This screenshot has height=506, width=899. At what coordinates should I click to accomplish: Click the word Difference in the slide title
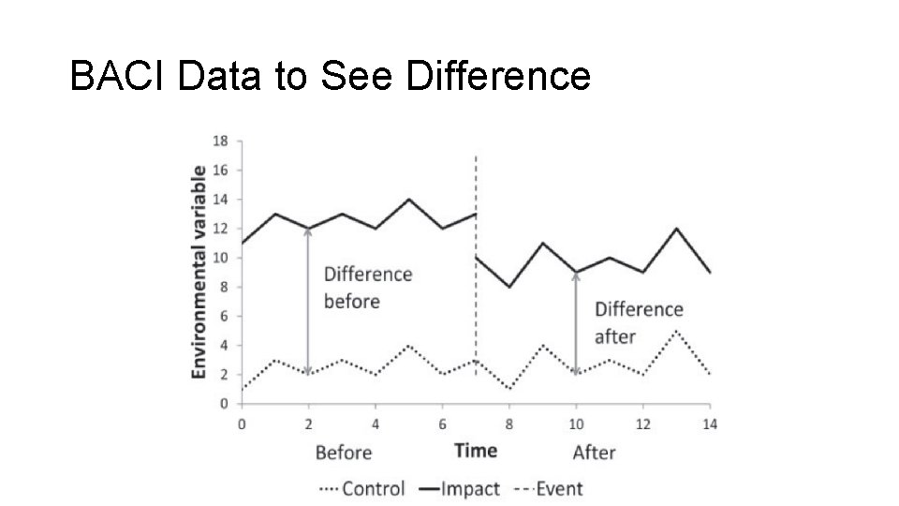pos(499,76)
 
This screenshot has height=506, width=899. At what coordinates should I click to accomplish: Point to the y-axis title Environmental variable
pos(199,273)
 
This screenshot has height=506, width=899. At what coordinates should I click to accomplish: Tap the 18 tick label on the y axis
pos(221,141)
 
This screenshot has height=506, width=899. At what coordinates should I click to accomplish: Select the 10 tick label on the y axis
pos(221,258)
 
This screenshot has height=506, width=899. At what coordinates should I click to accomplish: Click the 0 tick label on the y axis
pos(224,404)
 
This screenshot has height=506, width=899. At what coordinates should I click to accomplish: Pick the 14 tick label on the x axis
pos(710,423)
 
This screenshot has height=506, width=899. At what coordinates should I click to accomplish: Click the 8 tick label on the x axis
pos(508,423)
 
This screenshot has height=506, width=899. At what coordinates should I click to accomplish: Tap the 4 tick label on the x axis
pos(376,423)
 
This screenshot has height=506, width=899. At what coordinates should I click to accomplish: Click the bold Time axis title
pos(476,451)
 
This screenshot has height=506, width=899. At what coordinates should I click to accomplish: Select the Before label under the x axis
pos(344,453)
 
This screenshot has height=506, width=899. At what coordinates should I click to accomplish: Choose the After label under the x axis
pos(594,453)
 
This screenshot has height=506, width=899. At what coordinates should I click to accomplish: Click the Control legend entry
pos(374,488)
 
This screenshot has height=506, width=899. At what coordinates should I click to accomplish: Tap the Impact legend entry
pos(470,488)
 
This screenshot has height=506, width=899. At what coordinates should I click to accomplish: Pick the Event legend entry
pos(559,488)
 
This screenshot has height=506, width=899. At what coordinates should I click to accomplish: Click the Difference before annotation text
pos(367,288)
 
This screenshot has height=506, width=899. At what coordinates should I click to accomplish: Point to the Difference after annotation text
pos(639,322)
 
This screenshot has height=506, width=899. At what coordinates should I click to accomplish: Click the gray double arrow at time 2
pos(308,300)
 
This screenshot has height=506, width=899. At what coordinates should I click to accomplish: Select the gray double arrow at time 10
pos(575,323)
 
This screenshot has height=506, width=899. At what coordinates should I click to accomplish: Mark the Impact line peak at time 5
pos(409,200)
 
